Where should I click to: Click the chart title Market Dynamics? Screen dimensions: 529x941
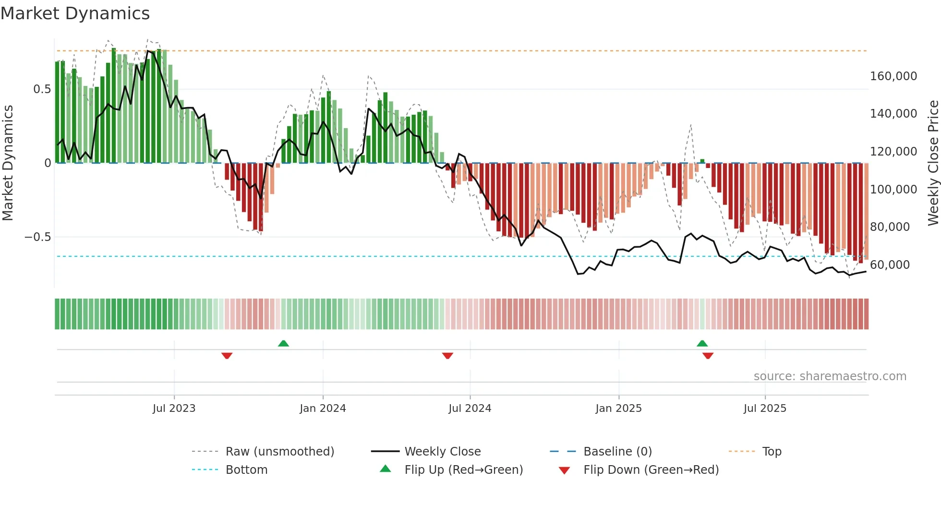(75, 13)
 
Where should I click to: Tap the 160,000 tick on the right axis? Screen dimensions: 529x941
(893, 76)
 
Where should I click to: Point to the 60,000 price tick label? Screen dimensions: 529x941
(890, 265)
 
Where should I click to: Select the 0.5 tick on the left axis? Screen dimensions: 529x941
(42, 89)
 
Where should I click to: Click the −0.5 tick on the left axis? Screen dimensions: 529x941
(37, 237)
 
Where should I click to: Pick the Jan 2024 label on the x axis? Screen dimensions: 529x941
(323, 409)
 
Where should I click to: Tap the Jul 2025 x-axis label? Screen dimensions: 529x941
(765, 409)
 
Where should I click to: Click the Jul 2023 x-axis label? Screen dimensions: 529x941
(174, 409)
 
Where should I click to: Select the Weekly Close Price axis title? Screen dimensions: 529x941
(933, 163)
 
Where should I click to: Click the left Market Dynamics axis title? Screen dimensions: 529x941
(8, 163)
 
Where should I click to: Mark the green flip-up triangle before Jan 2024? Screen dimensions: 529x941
(283, 343)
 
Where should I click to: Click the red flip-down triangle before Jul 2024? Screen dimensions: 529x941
(447, 356)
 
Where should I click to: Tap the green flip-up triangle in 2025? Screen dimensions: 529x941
(702, 343)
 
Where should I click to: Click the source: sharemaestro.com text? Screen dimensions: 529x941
(830, 376)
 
